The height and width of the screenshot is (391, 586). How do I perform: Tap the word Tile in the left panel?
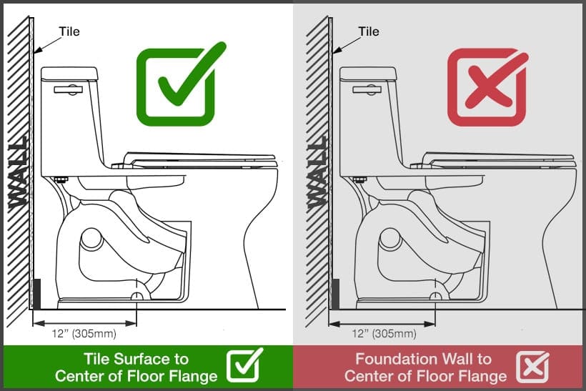69,31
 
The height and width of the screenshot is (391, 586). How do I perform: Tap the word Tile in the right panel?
368,31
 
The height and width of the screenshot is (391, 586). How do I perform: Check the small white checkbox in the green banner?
244,365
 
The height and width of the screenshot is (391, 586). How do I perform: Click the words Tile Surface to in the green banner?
136,359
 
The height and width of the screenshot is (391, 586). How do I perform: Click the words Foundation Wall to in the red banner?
424,359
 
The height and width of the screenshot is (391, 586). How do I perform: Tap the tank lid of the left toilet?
69,72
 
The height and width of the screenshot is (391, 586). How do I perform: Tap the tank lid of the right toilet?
368,72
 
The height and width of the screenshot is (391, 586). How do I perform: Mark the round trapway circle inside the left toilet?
91,238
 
